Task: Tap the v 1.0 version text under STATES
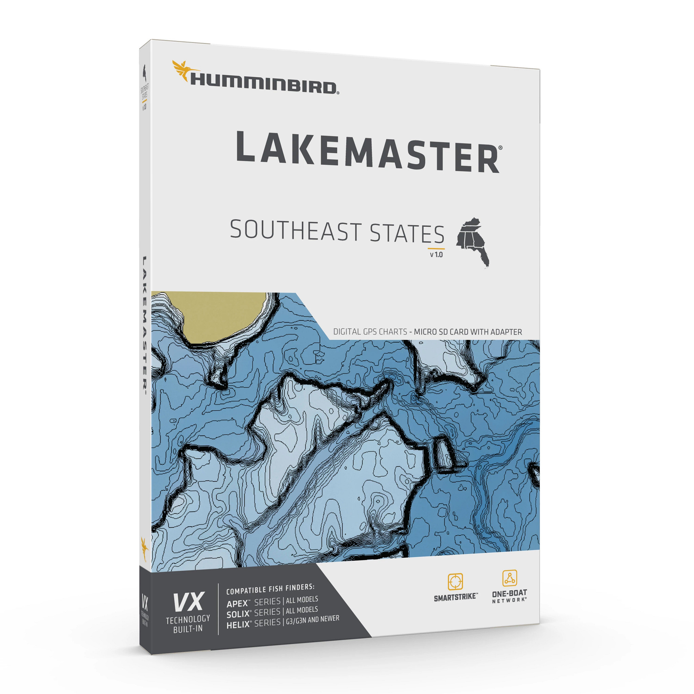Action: tap(436, 255)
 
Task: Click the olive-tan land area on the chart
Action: tap(223, 316)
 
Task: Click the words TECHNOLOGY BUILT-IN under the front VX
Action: tap(187, 624)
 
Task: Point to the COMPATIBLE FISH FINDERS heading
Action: tap(270, 588)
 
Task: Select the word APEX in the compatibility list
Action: tap(238, 602)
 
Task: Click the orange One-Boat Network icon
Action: tap(509, 578)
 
